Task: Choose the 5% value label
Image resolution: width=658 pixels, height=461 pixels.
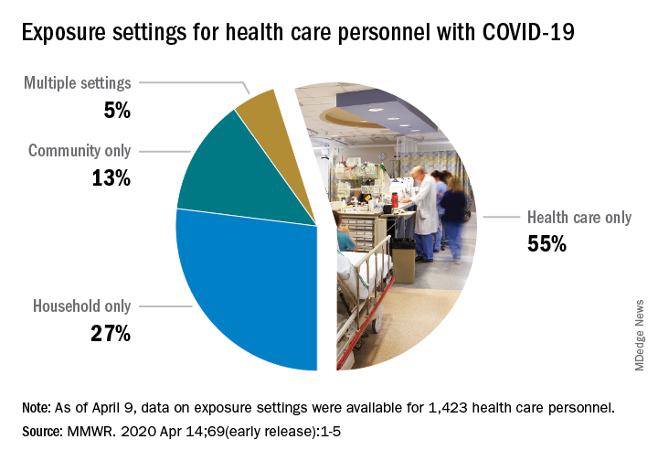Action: [117, 111]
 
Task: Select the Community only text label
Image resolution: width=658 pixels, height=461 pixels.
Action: [80, 151]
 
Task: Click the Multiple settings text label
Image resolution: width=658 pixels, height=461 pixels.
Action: [78, 83]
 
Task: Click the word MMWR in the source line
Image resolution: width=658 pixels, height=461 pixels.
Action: [97, 429]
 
